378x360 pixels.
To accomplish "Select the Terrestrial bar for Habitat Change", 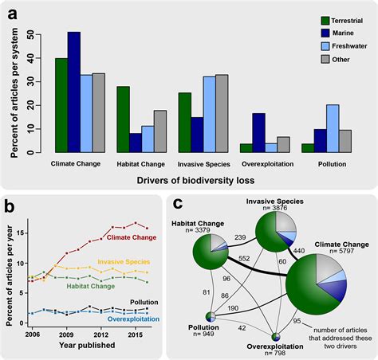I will pos(124,119).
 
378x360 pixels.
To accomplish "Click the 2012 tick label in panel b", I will pos(96,336).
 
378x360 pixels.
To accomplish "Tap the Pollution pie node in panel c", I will pos(209,318).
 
